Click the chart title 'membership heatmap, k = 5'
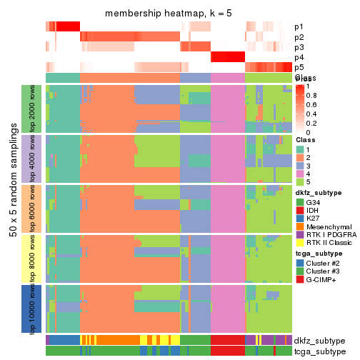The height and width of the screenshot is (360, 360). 169,14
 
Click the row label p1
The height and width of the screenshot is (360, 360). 298,26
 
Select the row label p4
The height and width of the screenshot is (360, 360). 298,56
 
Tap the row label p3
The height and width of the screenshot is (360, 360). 298,46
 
